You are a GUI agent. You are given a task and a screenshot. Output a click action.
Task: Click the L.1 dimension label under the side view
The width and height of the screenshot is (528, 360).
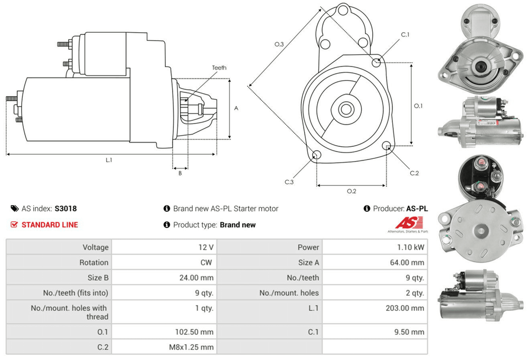109,160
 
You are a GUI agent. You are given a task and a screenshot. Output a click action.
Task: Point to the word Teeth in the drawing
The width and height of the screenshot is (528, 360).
219,68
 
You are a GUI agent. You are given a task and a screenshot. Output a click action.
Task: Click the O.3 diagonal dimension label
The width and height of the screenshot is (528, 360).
279,44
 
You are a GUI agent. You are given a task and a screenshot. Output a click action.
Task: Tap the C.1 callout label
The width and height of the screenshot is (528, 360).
405,35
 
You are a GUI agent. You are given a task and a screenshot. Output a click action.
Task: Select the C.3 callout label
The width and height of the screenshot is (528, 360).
289,182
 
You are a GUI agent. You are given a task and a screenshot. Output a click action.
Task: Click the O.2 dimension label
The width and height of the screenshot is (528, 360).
352,191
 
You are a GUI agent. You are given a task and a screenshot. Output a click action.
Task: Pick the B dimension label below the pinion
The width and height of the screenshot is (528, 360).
180,173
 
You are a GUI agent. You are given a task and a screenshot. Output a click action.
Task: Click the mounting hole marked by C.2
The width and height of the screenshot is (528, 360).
387,146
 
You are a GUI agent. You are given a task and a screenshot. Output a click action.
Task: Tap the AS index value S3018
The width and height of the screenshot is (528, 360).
65,209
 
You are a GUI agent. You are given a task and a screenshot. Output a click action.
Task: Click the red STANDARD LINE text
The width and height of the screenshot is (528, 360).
50,225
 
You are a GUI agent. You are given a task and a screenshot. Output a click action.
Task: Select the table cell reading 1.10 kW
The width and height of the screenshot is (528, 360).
411,248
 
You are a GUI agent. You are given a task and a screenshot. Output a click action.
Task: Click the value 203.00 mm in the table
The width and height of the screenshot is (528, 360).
405,308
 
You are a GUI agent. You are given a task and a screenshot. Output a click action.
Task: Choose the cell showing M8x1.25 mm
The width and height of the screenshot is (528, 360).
191,347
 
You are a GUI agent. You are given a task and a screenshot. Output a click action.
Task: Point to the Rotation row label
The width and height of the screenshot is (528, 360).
94,263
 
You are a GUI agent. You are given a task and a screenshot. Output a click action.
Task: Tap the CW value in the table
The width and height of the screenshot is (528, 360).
206,263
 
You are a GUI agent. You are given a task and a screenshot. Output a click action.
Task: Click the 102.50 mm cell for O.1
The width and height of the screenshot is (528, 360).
194,332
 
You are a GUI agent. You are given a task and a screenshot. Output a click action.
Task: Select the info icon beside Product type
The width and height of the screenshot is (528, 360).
167,225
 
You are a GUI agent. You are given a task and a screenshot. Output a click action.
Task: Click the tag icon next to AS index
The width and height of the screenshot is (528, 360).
14,209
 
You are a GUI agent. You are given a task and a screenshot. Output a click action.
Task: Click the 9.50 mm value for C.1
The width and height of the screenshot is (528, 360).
409,332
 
